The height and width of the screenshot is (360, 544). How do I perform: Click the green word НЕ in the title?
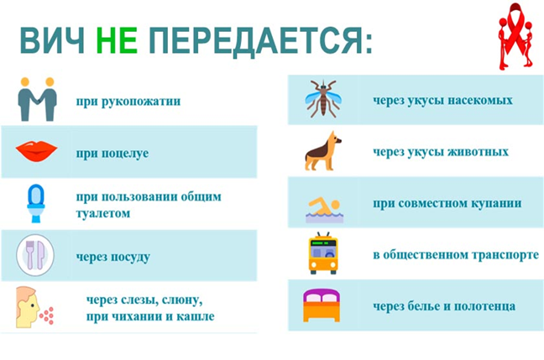117,40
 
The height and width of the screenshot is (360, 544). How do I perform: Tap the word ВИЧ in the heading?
52,40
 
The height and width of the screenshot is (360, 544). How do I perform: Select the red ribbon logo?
515,36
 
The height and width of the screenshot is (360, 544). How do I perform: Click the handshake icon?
37,99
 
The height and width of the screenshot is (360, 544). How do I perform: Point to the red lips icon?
36,151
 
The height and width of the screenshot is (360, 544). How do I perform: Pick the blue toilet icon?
36,203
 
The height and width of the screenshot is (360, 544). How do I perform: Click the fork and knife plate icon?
35,255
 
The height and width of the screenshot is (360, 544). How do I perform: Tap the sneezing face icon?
34,307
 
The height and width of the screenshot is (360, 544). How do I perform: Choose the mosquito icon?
323,99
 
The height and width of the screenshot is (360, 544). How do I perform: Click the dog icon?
323,151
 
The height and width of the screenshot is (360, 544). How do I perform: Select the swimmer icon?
324,210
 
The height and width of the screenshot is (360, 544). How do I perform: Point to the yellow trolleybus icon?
323,253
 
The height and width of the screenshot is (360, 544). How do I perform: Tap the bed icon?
322,305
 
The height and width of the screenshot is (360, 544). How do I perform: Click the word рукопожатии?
141,102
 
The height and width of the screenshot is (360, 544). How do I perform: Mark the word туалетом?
103,213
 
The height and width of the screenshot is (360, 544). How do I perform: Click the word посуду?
128,257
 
